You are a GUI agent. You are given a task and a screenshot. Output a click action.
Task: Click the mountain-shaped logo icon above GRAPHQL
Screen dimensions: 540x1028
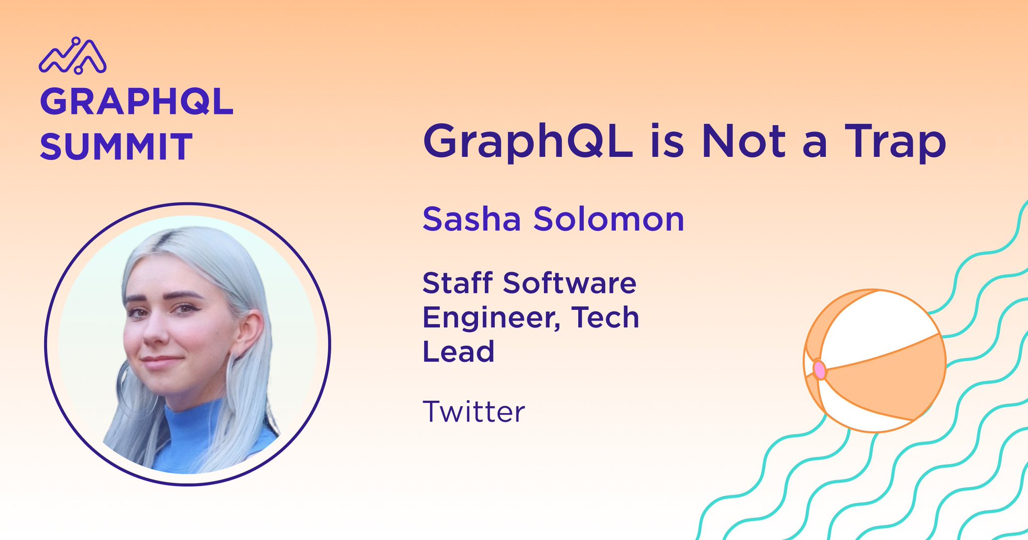(73, 56)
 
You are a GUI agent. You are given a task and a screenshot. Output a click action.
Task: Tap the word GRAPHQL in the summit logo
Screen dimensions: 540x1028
(137, 102)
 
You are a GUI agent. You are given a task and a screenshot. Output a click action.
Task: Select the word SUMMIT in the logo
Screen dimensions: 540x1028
(116, 147)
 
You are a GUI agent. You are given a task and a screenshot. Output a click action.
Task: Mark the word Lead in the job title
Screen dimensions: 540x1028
(458, 351)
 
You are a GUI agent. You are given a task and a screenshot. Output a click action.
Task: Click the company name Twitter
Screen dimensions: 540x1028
(473, 411)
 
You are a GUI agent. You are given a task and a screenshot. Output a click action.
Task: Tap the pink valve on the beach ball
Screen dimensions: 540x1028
(819, 370)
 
